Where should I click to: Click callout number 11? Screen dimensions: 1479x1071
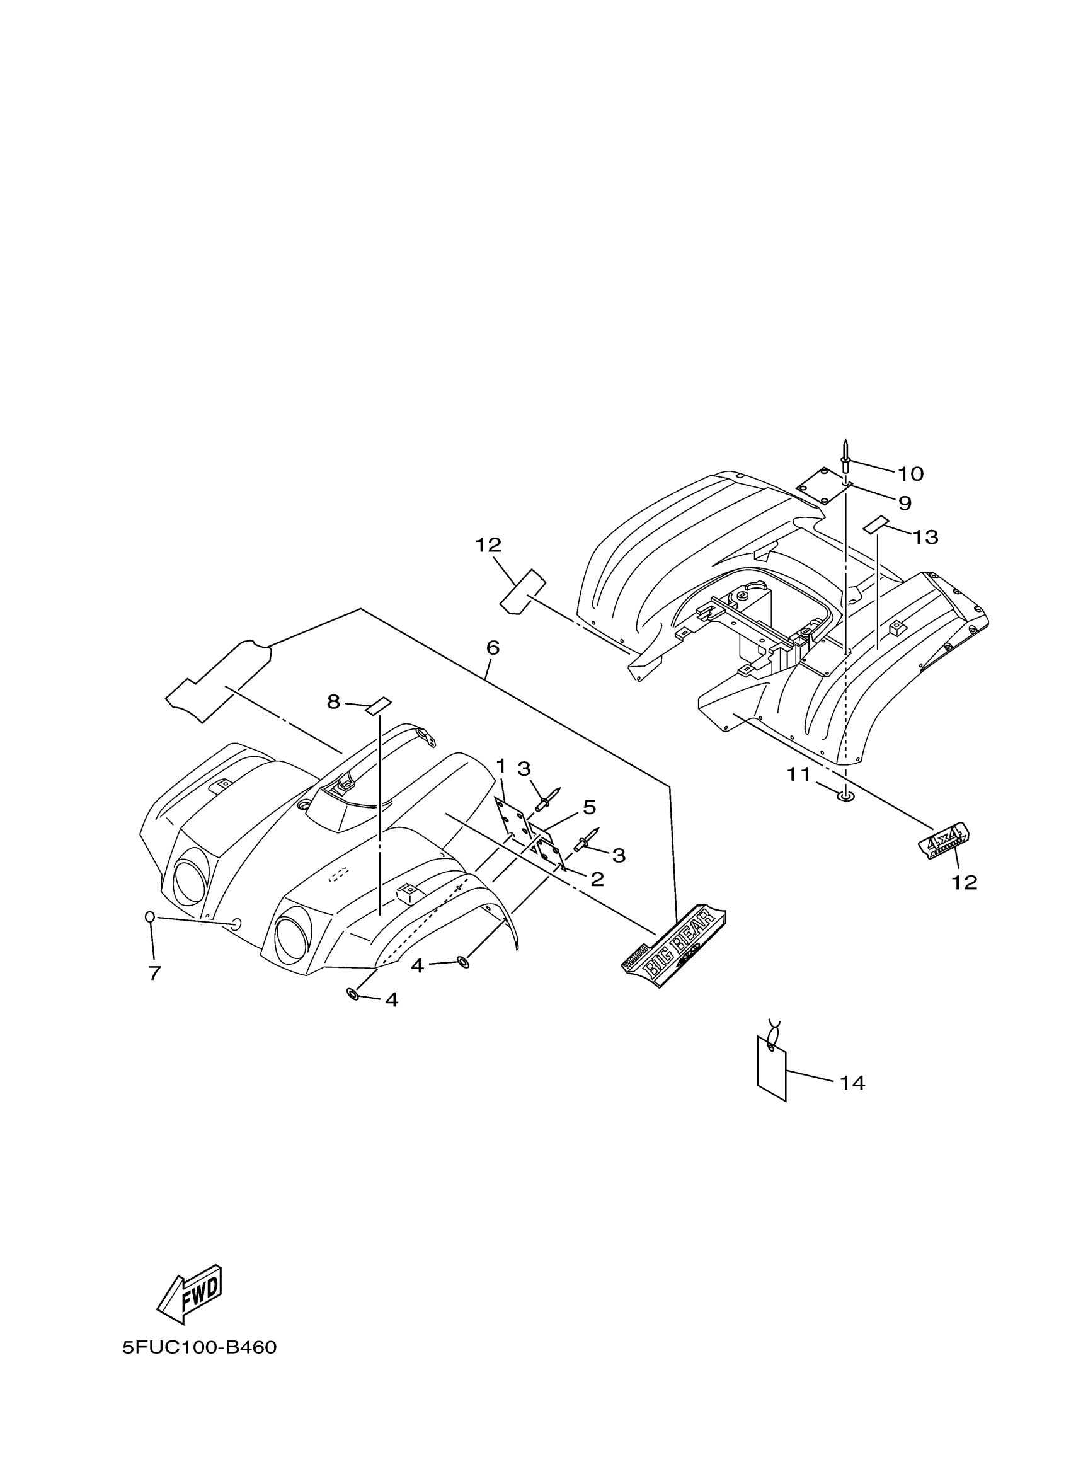pos(798,774)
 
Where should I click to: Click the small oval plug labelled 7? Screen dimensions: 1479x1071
pos(149,917)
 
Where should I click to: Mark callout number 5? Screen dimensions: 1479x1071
pos(589,807)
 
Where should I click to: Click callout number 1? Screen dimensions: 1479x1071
pos(501,766)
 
